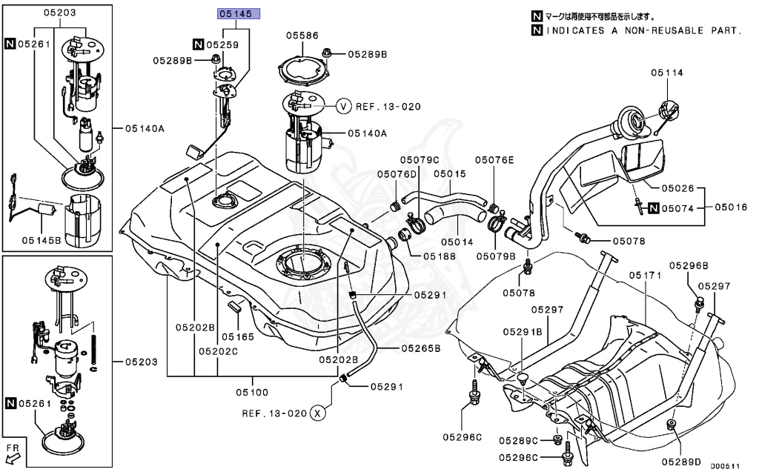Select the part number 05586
(303, 35)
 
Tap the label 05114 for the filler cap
(667, 73)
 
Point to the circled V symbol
(343, 106)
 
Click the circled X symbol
(317, 413)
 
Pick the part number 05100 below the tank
(252, 392)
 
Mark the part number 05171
(644, 275)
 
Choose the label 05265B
(421, 347)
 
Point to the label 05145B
(42, 239)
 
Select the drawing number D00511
(726, 466)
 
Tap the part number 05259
(224, 44)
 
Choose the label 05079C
(420, 159)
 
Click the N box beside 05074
(653, 208)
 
